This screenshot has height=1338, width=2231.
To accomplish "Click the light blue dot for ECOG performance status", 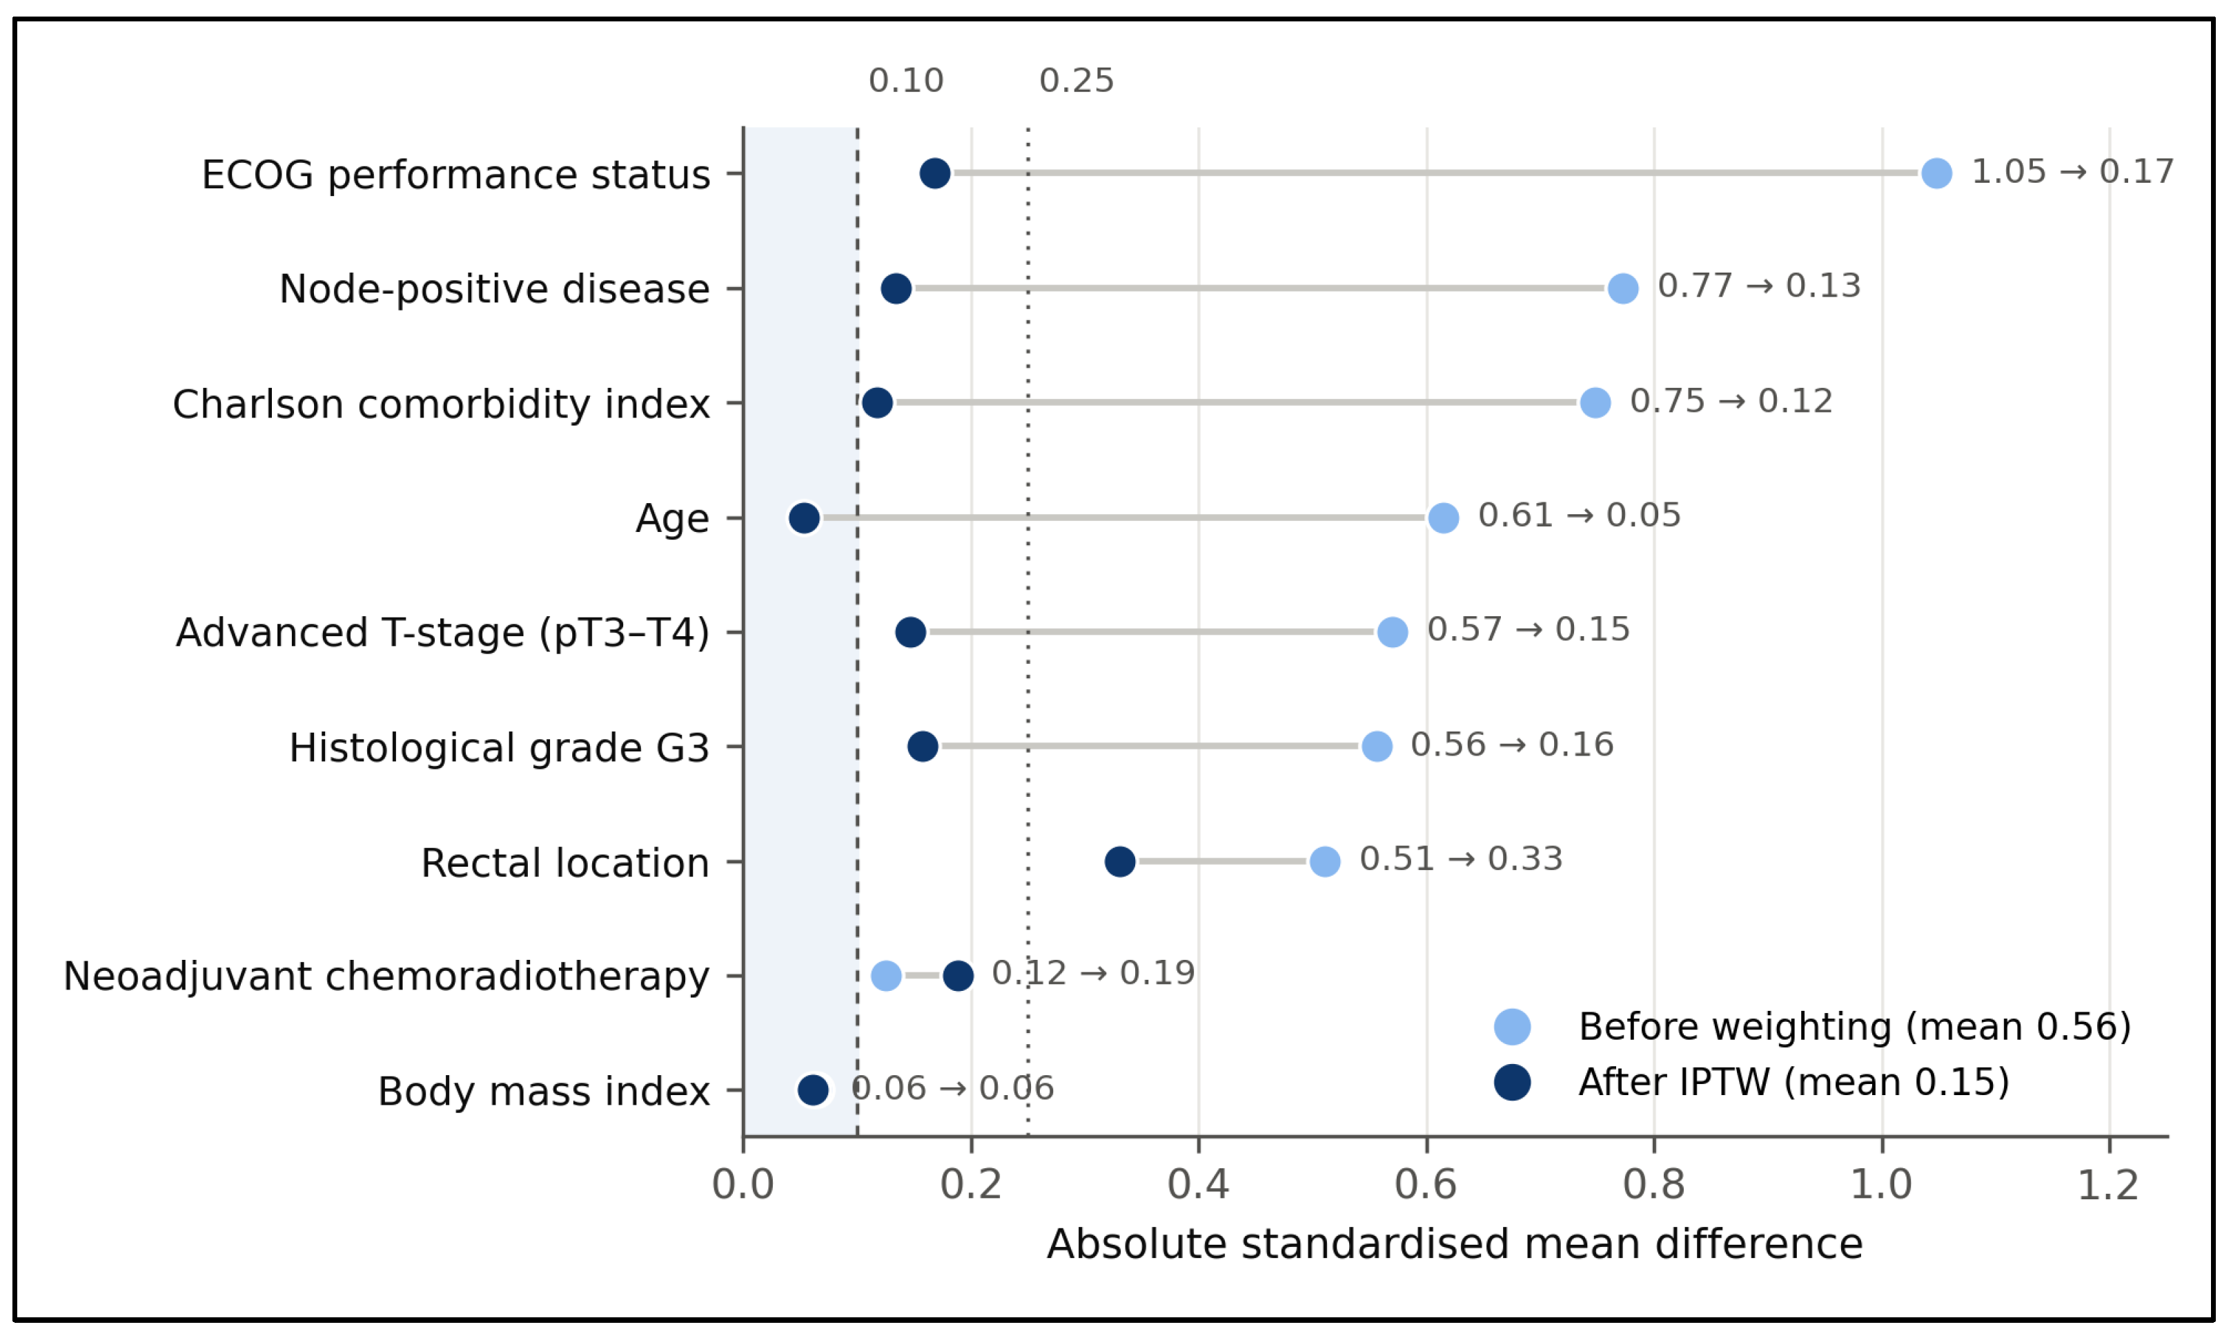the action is pyautogui.click(x=1936, y=173).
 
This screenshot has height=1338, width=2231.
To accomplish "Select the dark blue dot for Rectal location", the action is pyautogui.click(x=1119, y=861).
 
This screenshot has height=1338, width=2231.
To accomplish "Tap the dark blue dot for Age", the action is pyautogui.click(x=804, y=518).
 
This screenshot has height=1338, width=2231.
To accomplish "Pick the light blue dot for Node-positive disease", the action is pyautogui.click(x=1622, y=288).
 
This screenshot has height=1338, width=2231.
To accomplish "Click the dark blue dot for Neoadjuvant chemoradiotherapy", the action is pyautogui.click(x=959, y=976).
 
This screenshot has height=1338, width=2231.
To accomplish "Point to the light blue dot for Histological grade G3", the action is pyautogui.click(x=1377, y=747).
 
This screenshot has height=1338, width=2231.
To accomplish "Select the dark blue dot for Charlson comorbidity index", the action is pyautogui.click(x=877, y=403).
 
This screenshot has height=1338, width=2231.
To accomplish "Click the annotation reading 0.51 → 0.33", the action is pyautogui.click(x=1460, y=858).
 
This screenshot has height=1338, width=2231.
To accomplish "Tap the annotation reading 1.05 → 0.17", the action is pyautogui.click(x=2072, y=171).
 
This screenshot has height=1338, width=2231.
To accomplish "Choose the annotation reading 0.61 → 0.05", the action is pyautogui.click(x=1580, y=515).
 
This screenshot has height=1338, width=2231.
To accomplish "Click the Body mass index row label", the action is pyautogui.click(x=544, y=1092).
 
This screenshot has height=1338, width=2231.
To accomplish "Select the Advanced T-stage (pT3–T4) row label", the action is pyautogui.click(x=442, y=633).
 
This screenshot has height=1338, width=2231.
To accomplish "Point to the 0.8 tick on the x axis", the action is pyautogui.click(x=1654, y=1144).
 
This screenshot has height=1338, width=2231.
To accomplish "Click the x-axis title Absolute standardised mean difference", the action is pyautogui.click(x=1454, y=1244).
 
